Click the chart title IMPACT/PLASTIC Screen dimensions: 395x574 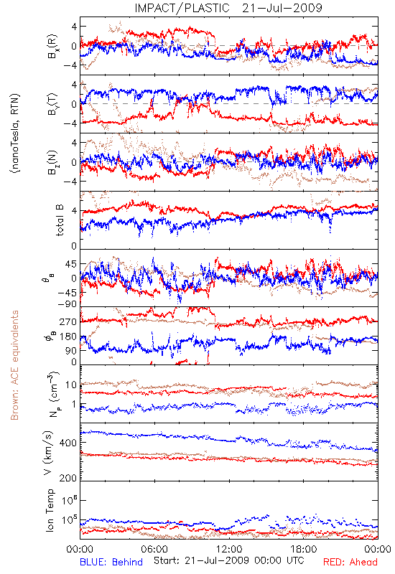pyautogui.click(x=182, y=8)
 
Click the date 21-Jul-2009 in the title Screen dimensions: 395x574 pyautogui.click(x=282, y=8)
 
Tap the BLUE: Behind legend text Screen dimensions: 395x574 pyautogui.click(x=111, y=562)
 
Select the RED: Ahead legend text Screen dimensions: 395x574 pyautogui.click(x=350, y=562)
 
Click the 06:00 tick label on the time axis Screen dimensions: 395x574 pyautogui.click(x=154, y=549)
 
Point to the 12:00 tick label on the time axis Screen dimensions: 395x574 pyautogui.click(x=229, y=549)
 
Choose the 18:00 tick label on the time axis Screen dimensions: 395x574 pyautogui.click(x=303, y=549)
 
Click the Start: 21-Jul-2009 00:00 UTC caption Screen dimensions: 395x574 pyautogui.click(x=228, y=560)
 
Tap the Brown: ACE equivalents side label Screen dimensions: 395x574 pyautogui.click(x=14, y=365)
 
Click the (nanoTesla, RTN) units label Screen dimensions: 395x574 pyautogui.click(x=15, y=133)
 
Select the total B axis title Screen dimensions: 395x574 pyautogui.click(x=60, y=220)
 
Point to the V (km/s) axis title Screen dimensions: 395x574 pyautogui.click(x=49, y=453)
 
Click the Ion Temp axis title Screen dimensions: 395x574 pyautogui.click(x=50, y=510)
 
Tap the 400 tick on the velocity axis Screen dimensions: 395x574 pyautogui.click(x=68, y=443)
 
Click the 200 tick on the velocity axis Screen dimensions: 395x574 pyautogui.click(x=68, y=478)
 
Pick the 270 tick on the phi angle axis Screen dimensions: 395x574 pyautogui.click(x=68, y=322)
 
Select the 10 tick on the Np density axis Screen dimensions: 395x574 pyautogui.click(x=71, y=385)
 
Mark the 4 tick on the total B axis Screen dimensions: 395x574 pyautogui.click(x=75, y=211)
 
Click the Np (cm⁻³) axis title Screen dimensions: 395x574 pyautogui.click(x=53, y=393)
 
